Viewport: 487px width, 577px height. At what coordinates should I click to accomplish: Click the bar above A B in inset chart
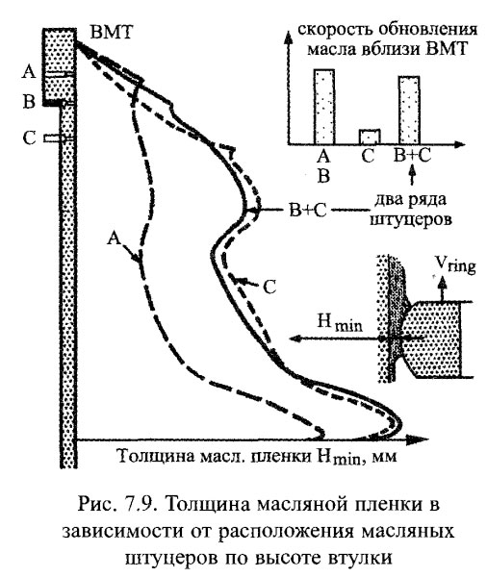coord(324,105)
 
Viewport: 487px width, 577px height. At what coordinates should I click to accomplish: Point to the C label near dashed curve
coord(270,285)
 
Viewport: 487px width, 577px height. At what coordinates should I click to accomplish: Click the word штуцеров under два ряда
coord(413,219)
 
